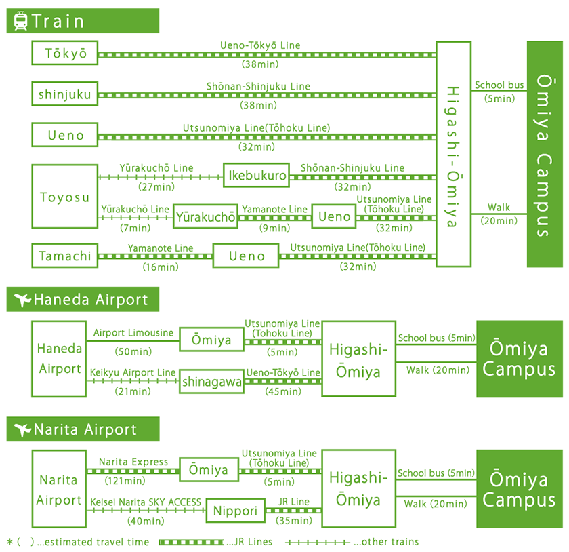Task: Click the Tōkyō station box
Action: (x=65, y=54)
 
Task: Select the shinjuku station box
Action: (x=65, y=94)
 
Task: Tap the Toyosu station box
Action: (x=65, y=197)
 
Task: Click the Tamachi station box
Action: (x=65, y=256)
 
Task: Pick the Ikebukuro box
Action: (x=255, y=176)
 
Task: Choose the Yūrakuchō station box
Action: (x=206, y=217)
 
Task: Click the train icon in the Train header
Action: (x=20, y=20)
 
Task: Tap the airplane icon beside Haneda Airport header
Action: (x=22, y=299)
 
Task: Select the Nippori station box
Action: (x=236, y=511)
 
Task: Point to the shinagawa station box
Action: (x=211, y=382)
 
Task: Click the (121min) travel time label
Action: (x=125, y=481)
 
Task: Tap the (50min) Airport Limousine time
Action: (x=132, y=352)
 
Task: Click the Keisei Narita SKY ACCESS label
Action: (x=146, y=502)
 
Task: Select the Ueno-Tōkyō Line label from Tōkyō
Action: (x=260, y=45)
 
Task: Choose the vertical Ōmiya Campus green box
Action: (x=545, y=154)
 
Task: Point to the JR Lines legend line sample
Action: (x=191, y=542)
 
